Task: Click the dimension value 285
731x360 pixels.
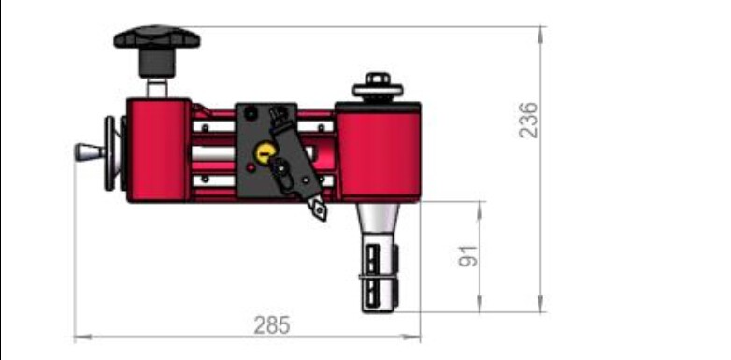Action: click(x=272, y=325)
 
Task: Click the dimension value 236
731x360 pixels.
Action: click(x=528, y=120)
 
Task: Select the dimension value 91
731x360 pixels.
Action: click(x=468, y=256)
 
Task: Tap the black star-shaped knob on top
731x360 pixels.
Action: click(x=157, y=37)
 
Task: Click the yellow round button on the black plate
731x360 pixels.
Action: click(x=265, y=152)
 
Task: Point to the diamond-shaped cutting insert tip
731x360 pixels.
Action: click(x=320, y=210)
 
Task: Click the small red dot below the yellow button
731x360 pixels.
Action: click(x=251, y=167)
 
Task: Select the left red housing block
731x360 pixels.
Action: click(x=159, y=151)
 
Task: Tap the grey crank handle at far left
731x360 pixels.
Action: click(x=90, y=152)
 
